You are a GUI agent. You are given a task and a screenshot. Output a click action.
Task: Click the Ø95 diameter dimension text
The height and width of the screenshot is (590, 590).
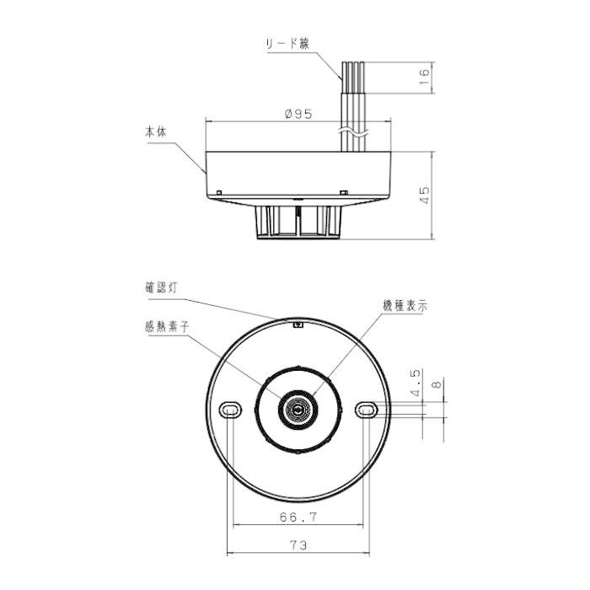299,114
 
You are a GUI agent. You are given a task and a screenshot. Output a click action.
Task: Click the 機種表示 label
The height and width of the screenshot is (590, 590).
404,308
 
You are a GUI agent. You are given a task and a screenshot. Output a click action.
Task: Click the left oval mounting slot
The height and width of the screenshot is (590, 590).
229,409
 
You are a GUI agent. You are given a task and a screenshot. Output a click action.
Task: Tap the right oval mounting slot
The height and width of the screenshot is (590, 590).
367,409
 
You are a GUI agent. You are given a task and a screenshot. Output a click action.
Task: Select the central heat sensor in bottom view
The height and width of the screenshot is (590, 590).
298,410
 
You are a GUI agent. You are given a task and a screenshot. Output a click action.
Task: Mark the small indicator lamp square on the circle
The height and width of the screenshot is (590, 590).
298,322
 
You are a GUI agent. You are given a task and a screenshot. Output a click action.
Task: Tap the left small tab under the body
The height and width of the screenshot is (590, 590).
219,193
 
